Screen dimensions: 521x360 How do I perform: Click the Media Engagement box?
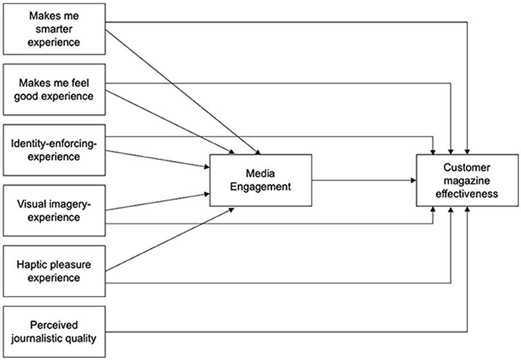[261, 180]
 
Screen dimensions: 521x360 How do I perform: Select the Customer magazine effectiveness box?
[467, 180]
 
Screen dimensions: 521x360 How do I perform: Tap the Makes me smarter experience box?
[54, 29]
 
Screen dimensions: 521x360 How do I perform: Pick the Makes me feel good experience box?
[54, 89]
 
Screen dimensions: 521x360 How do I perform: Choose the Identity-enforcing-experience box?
[54, 150]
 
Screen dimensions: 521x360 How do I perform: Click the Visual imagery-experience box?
[54, 211]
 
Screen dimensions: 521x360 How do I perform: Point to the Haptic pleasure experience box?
[54, 271]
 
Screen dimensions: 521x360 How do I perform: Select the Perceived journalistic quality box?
[54, 332]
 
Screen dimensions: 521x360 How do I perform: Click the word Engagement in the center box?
[261, 187]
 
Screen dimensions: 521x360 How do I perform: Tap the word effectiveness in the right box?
[467, 194]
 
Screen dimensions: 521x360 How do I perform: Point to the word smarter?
[54, 29]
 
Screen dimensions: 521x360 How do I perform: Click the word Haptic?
[31, 265]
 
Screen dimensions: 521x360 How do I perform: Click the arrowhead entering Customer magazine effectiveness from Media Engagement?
[413, 180]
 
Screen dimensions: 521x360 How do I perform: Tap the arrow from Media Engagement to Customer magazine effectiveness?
[364, 180]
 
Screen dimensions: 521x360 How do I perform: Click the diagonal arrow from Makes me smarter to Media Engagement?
[183, 92]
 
